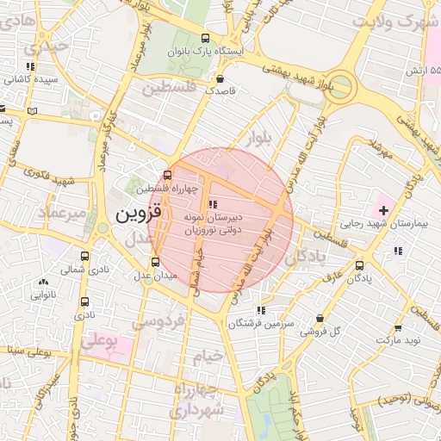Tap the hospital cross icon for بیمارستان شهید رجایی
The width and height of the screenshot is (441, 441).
383,209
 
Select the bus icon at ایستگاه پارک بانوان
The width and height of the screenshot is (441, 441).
205,38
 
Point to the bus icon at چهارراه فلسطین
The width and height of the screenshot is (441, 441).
167,175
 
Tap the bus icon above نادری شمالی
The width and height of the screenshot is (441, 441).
84,256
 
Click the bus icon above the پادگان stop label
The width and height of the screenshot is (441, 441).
359,265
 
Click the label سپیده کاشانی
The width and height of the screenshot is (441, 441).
29,79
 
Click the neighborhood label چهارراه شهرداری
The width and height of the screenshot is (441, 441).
199,401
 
